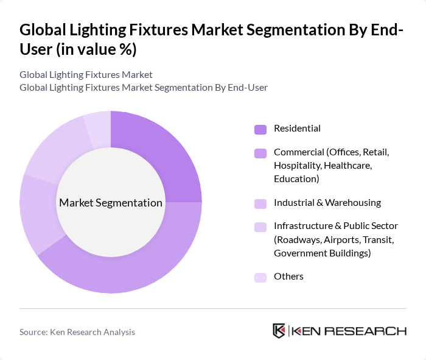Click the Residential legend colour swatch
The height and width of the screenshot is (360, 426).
[x=260, y=129]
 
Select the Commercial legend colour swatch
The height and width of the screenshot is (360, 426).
[x=260, y=153]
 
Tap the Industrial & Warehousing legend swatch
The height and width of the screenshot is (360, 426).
[x=260, y=203]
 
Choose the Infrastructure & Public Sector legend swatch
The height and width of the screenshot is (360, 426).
[x=260, y=227]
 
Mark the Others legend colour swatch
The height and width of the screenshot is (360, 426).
[x=260, y=277]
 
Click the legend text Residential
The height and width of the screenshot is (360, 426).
[x=297, y=129]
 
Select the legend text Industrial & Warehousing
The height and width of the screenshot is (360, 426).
[x=327, y=203]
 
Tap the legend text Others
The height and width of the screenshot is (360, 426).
[x=288, y=277]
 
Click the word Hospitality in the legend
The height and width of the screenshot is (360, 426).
[x=297, y=165]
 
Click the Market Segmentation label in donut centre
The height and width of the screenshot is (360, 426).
[x=111, y=203]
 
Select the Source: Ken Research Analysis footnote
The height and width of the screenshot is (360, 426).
[x=77, y=332]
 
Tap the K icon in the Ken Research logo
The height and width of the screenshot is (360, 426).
[x=279, y=331]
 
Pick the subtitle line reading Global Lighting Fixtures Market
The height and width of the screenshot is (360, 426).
[x=86, y=75]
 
